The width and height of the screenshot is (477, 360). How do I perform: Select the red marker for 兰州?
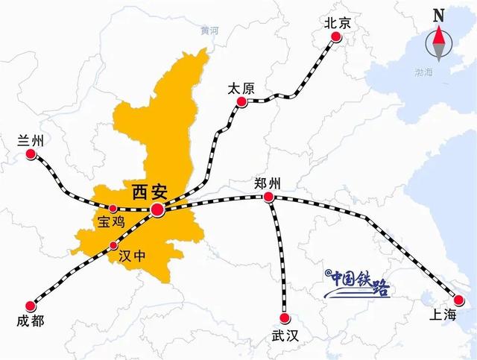tap(31, 154)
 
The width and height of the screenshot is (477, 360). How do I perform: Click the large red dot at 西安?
tap(158, 210)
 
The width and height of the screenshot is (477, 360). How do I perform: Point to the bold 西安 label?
tap(147, 190)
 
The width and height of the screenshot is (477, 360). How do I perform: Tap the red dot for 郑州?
tap(268, 198)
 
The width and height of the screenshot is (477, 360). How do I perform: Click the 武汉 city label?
tap(284, 336)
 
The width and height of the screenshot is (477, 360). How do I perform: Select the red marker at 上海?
tap(458, 300)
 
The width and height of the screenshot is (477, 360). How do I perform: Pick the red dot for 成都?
tap(31, 306)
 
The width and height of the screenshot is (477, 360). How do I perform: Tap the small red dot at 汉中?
tap(113, 246)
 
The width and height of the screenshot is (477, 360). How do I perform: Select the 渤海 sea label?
tap(425, 72)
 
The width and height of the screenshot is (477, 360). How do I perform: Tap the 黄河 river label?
tap(210, 31)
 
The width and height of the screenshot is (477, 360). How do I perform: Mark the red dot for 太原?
tap(241, 107)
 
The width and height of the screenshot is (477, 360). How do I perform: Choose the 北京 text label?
tap(337, 24)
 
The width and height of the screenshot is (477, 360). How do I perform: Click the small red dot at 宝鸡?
tap(113, 209)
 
